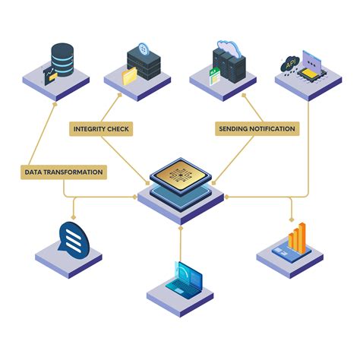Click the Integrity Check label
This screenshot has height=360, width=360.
click(101, 129)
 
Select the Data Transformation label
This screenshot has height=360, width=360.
click(64, 172)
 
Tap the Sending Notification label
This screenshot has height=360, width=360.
click(257, 129)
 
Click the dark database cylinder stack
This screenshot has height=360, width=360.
click(62, 59)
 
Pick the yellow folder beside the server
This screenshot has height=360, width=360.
click(130, 76)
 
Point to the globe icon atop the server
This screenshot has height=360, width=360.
click(144, 49)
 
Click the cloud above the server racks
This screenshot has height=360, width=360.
click(229, 48)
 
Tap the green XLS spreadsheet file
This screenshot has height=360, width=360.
click(214, 77)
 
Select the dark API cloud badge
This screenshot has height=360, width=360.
click(290, 65)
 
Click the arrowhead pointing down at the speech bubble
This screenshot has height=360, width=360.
click(74, 217)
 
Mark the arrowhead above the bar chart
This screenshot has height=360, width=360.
click(292, 219)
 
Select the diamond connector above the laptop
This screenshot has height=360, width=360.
click(181, 228)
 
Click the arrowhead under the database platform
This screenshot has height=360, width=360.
click(55, 103)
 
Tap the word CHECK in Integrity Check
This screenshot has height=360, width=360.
click(118, 129)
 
